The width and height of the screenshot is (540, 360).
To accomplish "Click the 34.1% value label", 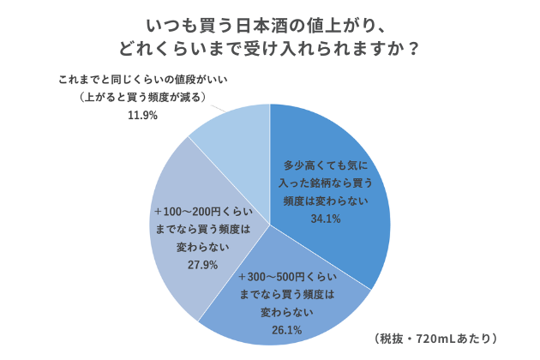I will coord(326,219).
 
